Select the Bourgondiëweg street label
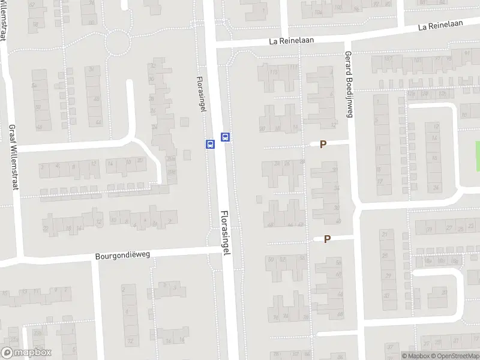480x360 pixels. pyautogui.click(x=122, y=255)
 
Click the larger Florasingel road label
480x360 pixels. pyautogui.click(x=226, y=233)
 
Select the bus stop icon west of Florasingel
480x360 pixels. pyautogui.click(x=210, y=145)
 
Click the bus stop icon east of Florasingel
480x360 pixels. pyautogui.click(x=226, y=137)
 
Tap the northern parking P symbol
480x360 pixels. pyautogui.click(x=323, y=145)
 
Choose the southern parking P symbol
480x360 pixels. pyautogui.click(x=327, y=239)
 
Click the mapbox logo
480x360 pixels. pyautogui.click(x=26, y=353)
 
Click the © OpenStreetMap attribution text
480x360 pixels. pyautogui.click(x=455, y=356)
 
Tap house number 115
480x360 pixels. pyautogui.click(x=275, y=72)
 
